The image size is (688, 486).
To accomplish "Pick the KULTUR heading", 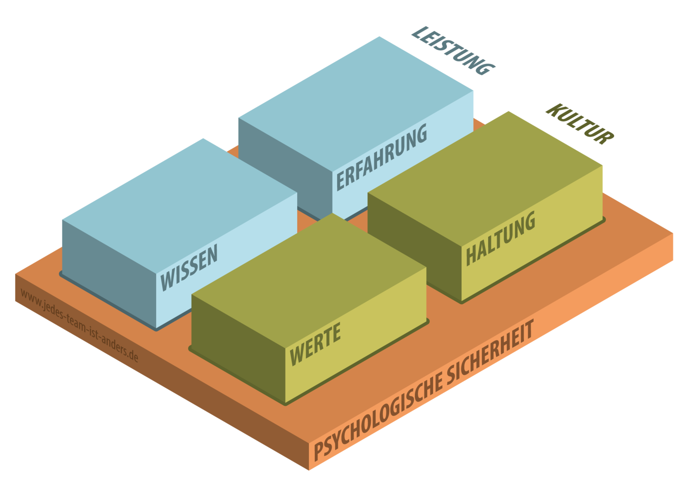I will tap(580, 124).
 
